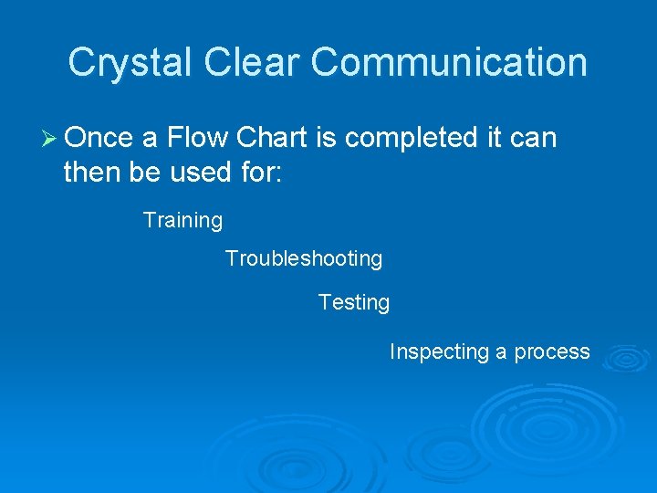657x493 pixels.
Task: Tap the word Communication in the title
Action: click(x=449, y=63)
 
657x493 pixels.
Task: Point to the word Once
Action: click(x=99, y=138)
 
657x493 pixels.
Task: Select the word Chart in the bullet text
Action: click(x=272, y=138)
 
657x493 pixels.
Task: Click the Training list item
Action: click(x=182, y=221)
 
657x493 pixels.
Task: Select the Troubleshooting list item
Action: click(x=304, y=259)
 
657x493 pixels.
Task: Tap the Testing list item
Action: click(x=354, y=302)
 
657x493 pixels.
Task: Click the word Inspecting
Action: click(x=440, y=352)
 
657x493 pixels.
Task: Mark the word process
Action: click(x=552, y=352)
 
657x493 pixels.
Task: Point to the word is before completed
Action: click(x=325, y=138)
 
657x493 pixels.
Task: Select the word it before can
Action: click(x=493, y=138)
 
